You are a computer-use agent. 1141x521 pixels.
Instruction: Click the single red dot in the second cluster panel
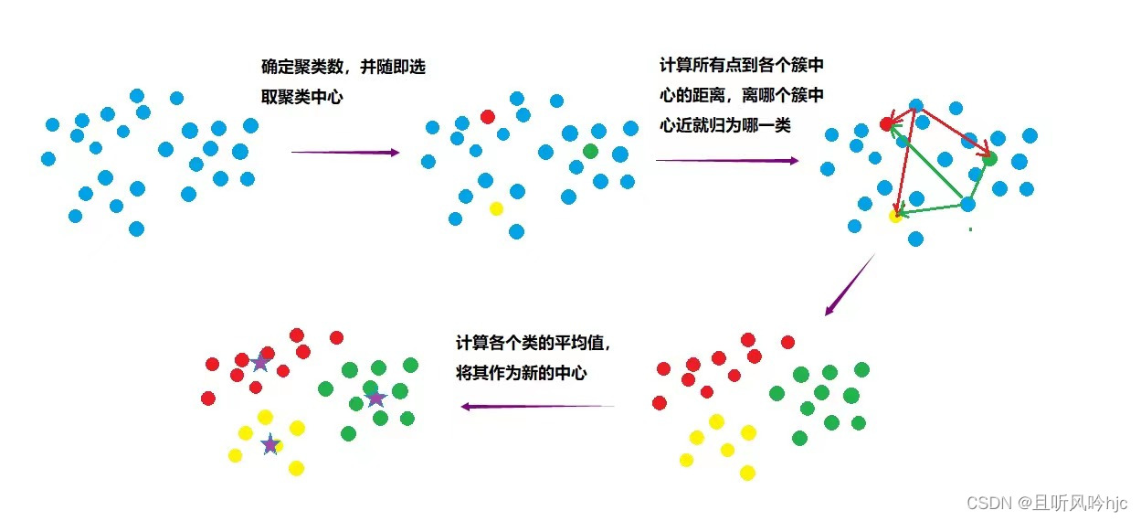[487, 117]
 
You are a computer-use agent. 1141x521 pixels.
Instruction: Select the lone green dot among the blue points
[590, 151]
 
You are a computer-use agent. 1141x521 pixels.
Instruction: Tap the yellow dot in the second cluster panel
[496, 208]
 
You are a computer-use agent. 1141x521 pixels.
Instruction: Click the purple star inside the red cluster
[260, 362]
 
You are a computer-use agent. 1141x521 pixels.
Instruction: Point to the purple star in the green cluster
[375, 399]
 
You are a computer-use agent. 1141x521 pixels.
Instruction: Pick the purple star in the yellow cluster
[270, 445]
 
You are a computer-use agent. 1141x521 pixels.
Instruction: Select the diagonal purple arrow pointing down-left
[850, 285]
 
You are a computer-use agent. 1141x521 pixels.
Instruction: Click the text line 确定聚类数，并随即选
[343, 68]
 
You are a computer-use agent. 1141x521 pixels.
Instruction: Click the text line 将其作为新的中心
[521, 372]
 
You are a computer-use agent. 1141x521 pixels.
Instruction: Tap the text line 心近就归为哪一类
[725, 125]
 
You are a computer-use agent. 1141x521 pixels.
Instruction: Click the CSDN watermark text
[1046, 503]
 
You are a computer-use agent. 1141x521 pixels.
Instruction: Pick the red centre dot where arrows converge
[886, 123]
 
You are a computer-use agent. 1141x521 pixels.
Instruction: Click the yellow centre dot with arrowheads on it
[896, 215]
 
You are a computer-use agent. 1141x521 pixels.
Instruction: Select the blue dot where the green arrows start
[968, 204]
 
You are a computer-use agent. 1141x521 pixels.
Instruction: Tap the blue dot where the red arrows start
[915, 106]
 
